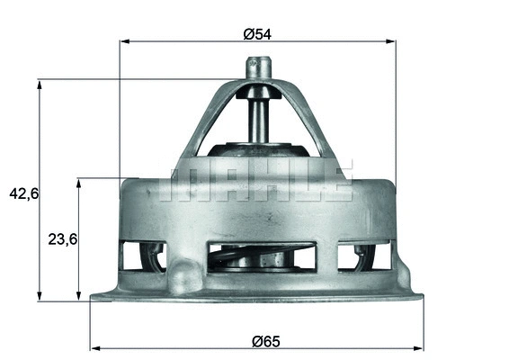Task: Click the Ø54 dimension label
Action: (x=256, y=34)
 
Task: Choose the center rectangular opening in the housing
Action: (x=261, y=257)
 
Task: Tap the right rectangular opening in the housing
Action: (x=364, y=256)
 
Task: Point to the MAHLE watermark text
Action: (x=255, y=180)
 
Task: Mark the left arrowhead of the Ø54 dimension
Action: (x=123, y=41)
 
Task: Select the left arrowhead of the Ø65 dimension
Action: (x=94, y=347)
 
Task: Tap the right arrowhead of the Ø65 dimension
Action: (x=420, y=347)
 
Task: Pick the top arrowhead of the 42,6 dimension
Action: (x=39, y=84)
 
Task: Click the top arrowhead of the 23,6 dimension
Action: (x=79, y=182)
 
